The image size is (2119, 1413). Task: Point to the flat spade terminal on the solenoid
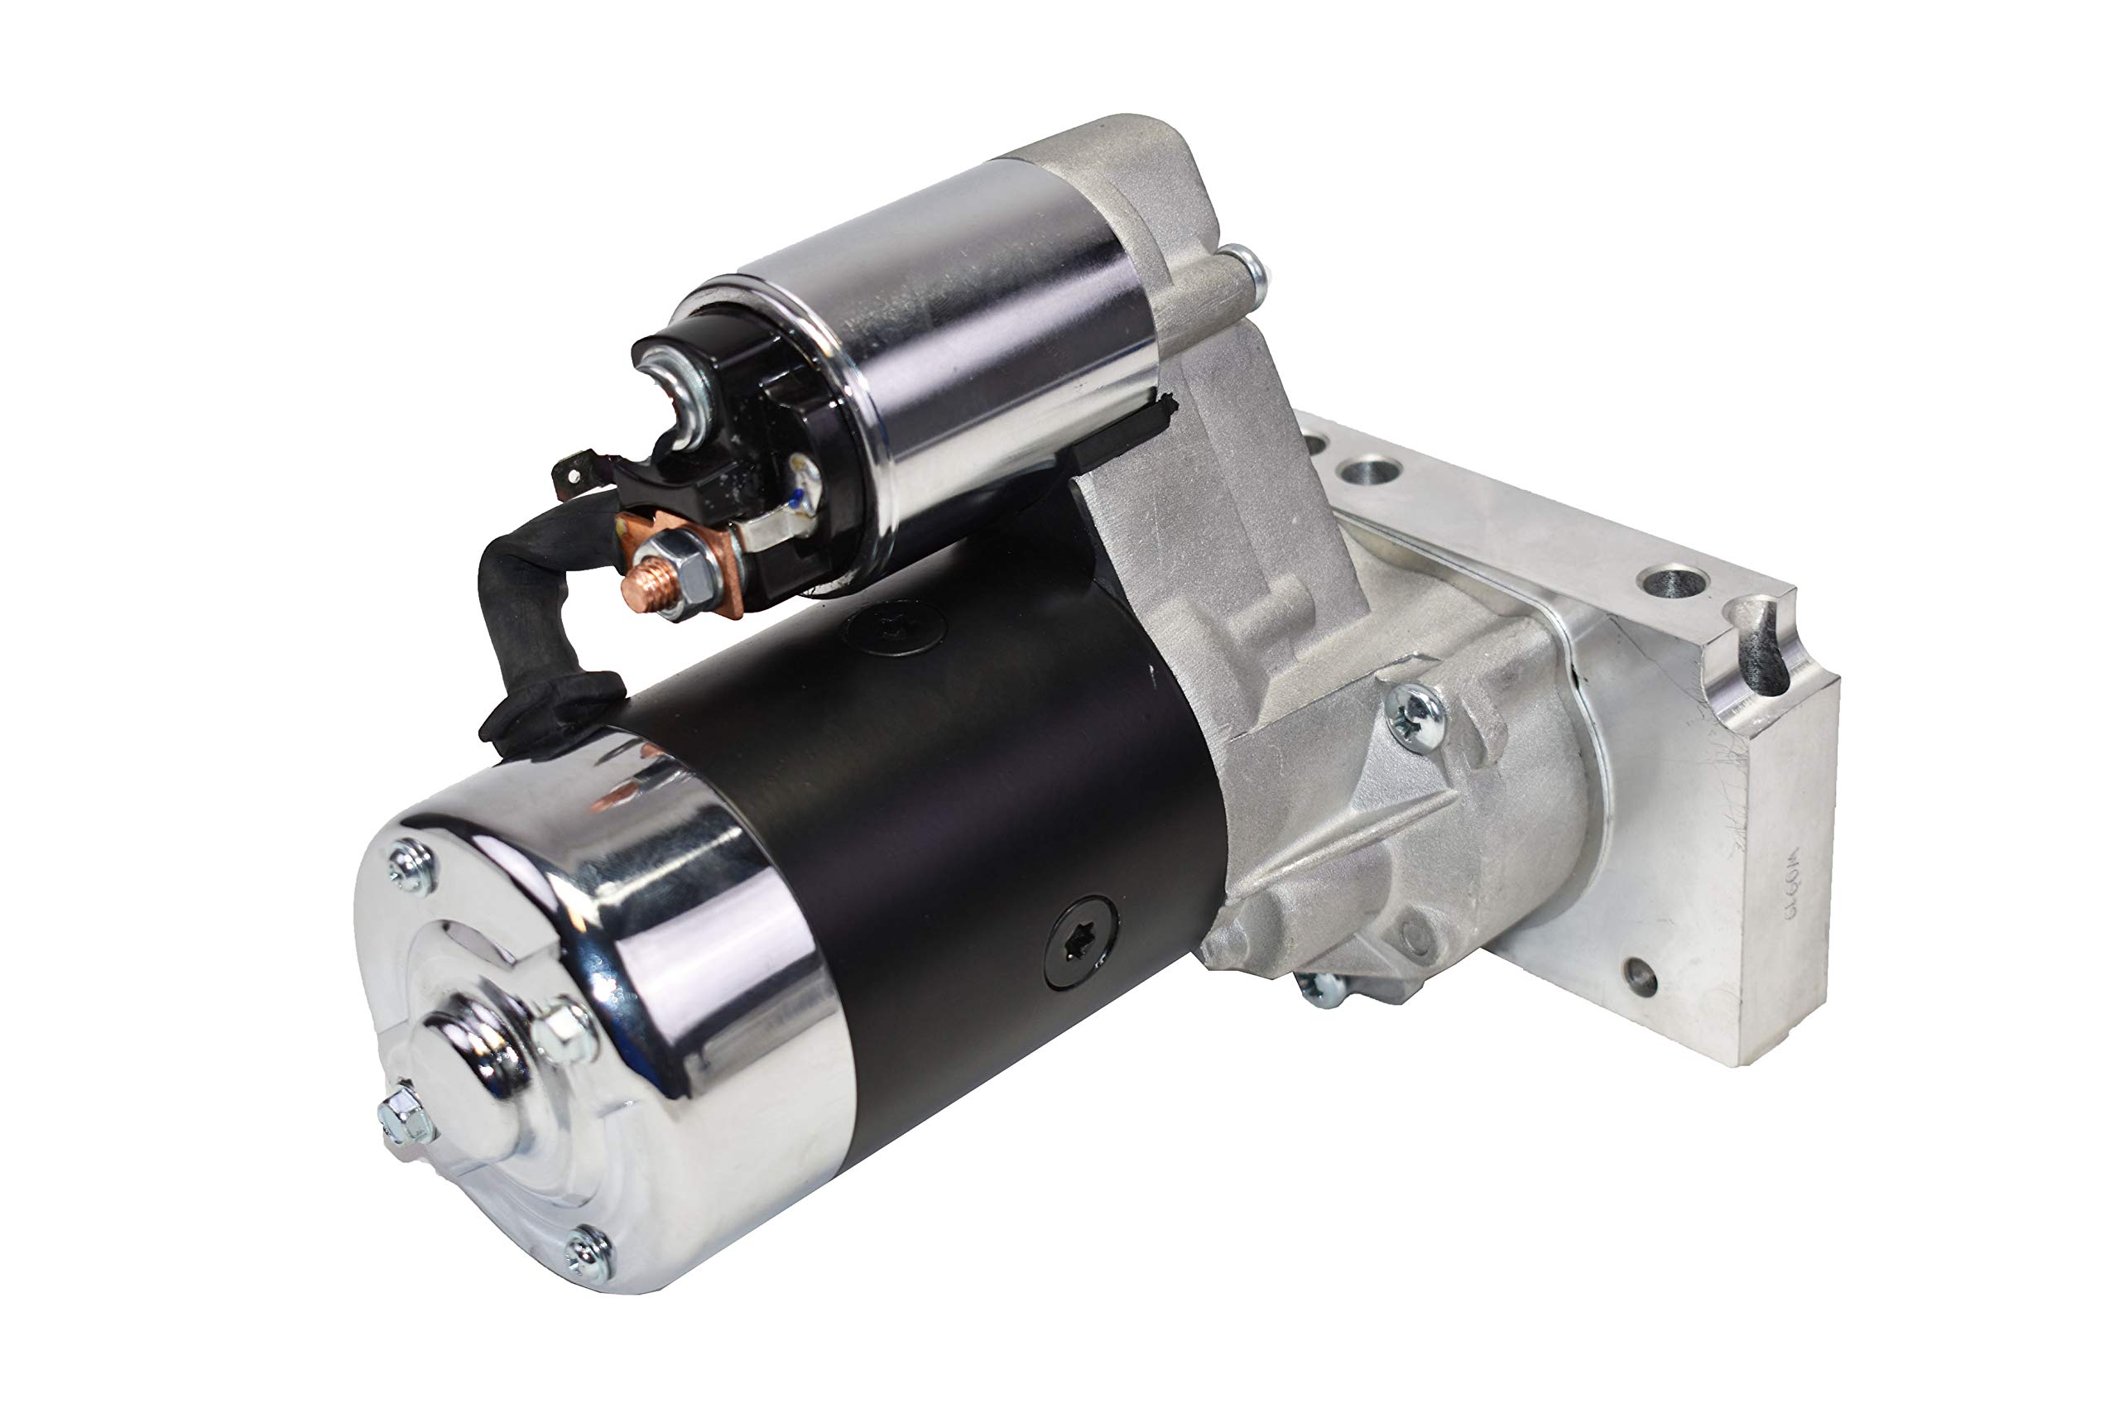click(571, 473)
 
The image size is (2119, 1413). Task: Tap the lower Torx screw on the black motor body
click(1081, 941)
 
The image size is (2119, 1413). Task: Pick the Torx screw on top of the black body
click(894, 628)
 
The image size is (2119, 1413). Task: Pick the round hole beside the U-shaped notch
click(1673, 581)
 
